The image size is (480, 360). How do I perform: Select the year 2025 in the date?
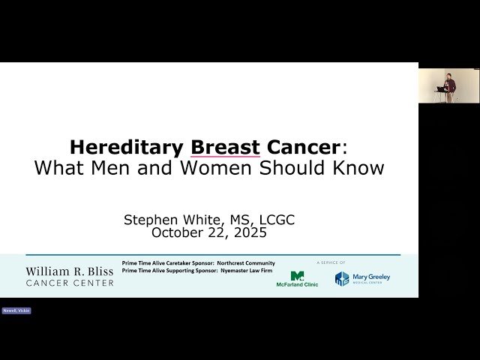(250, 232)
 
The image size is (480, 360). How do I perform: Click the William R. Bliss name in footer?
(70, 271)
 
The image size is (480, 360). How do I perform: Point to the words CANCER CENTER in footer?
(70, 283)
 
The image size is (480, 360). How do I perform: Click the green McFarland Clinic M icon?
(297, 275)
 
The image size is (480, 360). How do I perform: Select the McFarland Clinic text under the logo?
(297, 284)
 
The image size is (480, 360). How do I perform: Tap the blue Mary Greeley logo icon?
(342, 278)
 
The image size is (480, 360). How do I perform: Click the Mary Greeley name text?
(372, 277)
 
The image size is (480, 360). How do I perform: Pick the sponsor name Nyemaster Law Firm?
(246, 270)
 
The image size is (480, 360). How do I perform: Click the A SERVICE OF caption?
(331, 262)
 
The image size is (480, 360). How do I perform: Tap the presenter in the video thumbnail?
(448, 85)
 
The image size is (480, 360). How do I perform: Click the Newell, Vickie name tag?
(16, 310)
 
